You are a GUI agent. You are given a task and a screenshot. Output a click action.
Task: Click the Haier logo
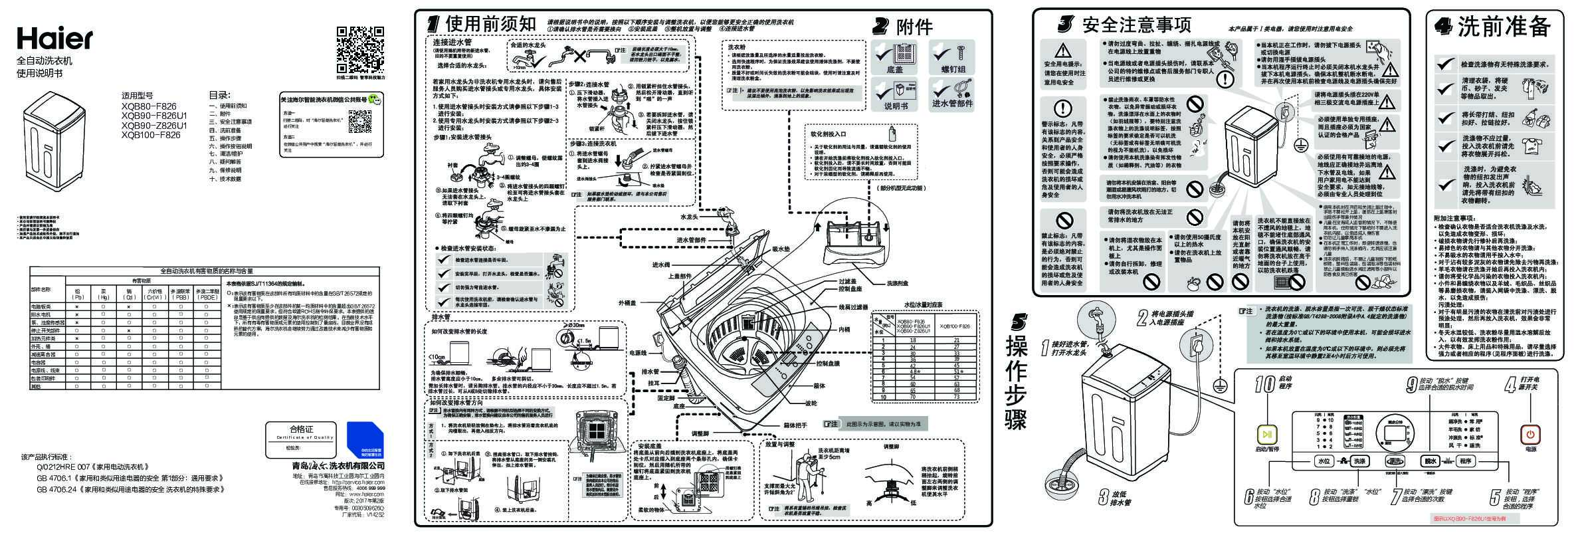[54, 39]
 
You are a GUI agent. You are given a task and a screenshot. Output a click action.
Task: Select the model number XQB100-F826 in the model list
[151, 135]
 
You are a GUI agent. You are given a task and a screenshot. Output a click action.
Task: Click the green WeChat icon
[377, 100]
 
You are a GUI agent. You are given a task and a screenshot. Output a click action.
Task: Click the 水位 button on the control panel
[1324, 461]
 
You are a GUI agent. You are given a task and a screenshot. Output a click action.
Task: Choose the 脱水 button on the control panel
[1430, 461]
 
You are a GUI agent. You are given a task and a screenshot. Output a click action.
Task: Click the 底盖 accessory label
[895, 69]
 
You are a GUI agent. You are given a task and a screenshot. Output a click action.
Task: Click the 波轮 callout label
[811, 403]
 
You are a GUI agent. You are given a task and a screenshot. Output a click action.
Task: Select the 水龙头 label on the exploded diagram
[688, 217]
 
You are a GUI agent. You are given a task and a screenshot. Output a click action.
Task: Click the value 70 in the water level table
[912, 397]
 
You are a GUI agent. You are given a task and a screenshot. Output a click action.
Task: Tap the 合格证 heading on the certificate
[301, 429]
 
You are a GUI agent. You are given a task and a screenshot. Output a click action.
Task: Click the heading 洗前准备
[1504, 27]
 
